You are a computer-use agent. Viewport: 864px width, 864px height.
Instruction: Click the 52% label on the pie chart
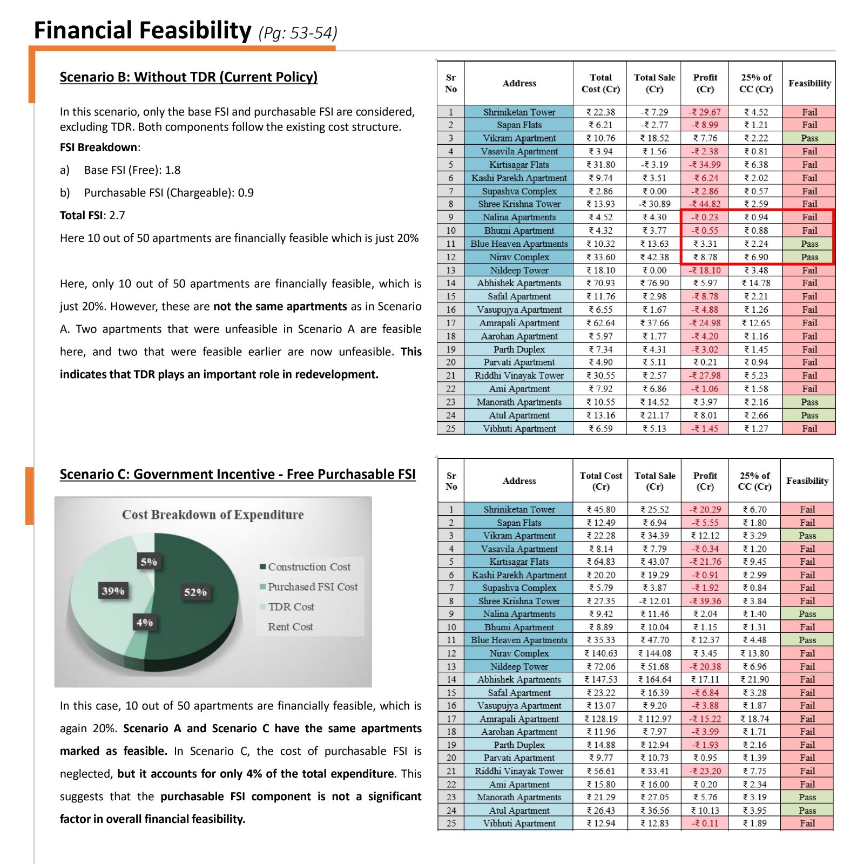click(x=195, y=592)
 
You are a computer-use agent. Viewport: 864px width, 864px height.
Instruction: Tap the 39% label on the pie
click(x=113, y=591)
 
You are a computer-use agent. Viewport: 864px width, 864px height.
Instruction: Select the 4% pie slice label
click(x=144, y=622)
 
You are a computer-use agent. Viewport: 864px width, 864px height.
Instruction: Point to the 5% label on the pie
click(x=148, y=562)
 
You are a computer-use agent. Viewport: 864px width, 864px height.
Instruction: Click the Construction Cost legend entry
click(x=305, y=566)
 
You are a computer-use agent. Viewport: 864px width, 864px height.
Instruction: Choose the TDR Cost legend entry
click(x=287, y=606)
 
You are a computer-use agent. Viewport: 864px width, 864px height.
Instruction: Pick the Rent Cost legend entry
click(x=287, y=626)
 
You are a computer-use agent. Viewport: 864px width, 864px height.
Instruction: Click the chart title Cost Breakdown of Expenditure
click(x=213, y=515)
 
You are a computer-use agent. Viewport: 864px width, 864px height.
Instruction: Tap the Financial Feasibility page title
click(x=143, y=30)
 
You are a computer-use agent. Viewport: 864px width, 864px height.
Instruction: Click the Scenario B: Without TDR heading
click(x=188, y=77)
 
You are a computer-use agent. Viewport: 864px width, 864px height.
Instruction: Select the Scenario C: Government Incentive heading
click(x=238, y=474)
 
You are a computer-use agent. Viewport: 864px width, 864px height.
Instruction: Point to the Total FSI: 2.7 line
click(x=92, y=215)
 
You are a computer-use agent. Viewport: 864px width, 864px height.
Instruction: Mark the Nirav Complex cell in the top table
click(x=519, y=257)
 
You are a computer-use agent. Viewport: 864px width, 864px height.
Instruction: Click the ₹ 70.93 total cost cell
click(x=600, y=283)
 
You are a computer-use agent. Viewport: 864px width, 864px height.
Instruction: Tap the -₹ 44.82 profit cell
click(x=705, y=204)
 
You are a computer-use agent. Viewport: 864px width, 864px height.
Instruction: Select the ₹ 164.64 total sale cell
click(x=654, y=679)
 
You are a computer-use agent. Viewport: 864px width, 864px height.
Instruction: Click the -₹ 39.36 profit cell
click(x=705, y=601)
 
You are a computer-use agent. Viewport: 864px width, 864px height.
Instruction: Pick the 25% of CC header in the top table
click(x=756, y=83)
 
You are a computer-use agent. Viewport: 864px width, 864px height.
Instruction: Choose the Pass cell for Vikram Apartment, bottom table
click(x=807, y=536)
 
